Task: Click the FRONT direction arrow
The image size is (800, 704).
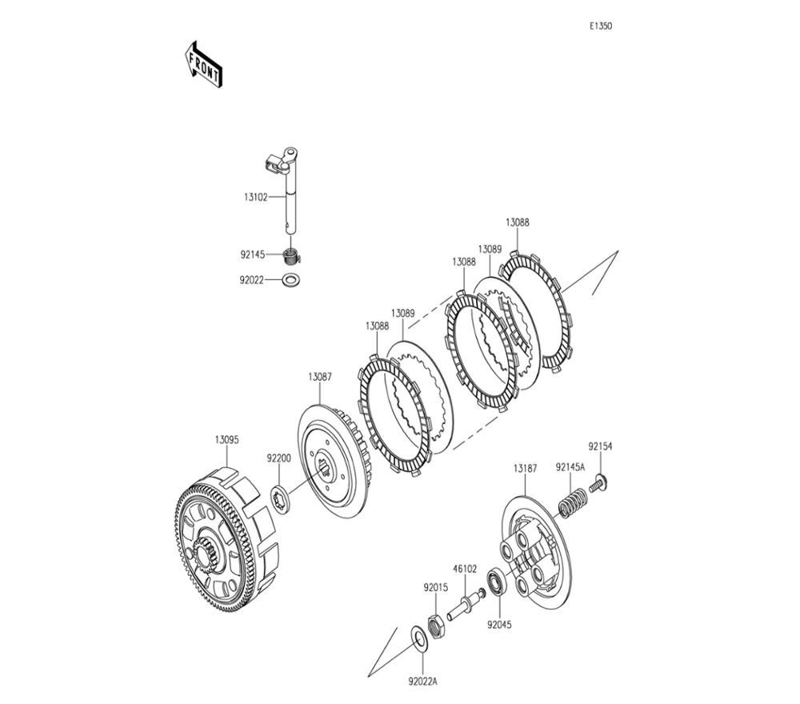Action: (203, 65)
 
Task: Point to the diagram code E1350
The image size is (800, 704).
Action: (601, 26)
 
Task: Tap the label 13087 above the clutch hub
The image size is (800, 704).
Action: (320, 376)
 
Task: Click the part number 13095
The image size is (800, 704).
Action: (226, 440)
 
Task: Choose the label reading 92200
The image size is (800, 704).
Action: (279, 458)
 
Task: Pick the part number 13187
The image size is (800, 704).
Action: (525, 466)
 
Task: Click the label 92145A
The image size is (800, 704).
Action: (570, 466)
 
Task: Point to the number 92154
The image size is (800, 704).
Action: (600, 447)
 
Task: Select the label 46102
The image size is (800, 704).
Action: (465, 569)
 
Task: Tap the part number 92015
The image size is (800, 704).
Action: (436, 586)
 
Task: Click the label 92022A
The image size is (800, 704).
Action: (423, 682)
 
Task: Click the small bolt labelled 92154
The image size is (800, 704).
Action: (598, 483)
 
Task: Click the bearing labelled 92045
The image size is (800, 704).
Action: (497, 582)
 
